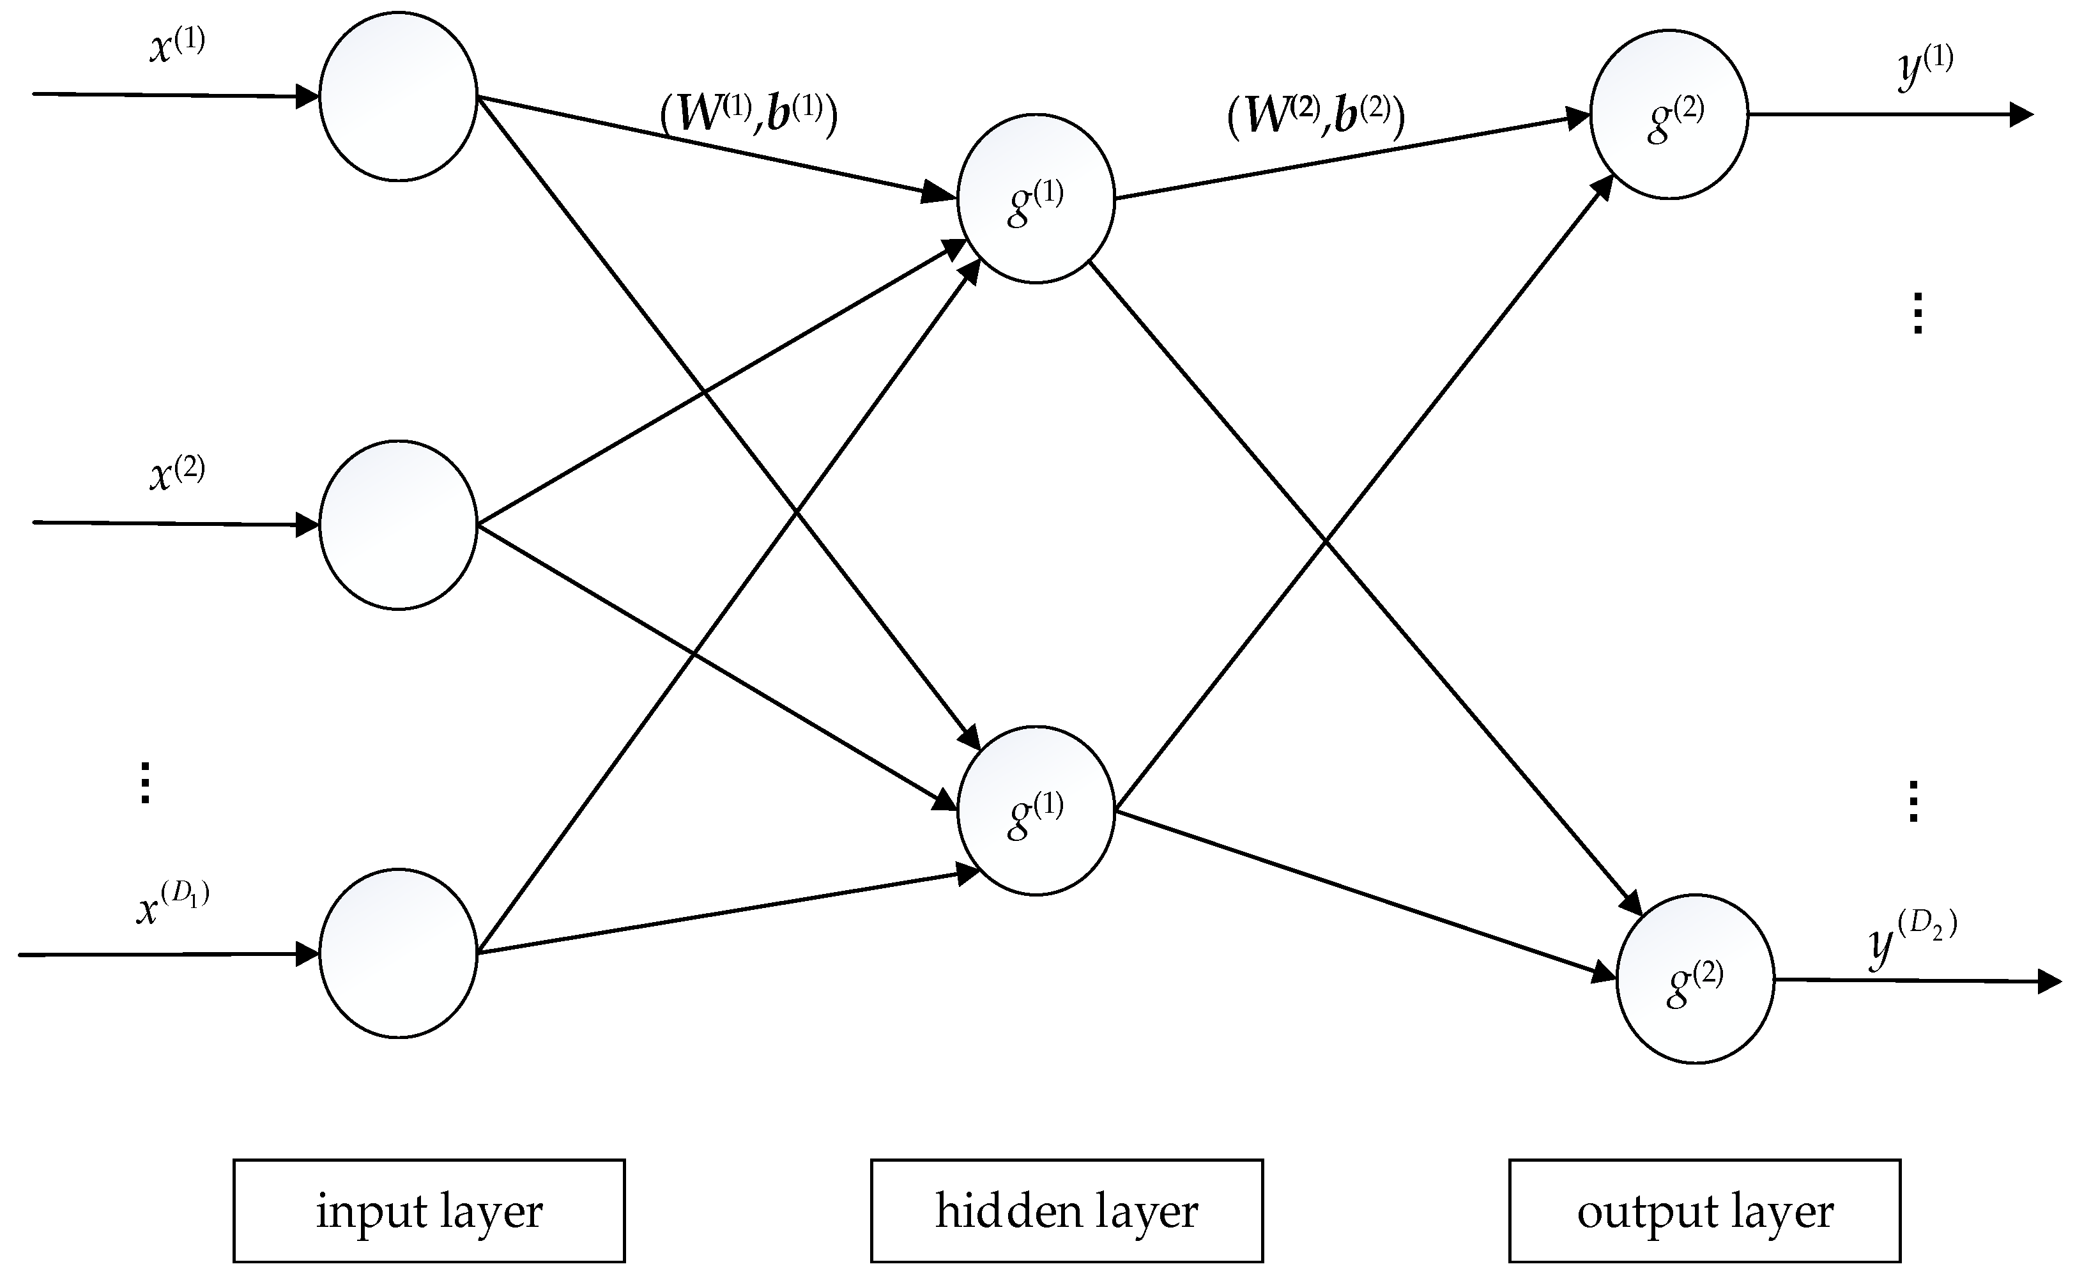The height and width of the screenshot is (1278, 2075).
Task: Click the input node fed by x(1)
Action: click(398, 96)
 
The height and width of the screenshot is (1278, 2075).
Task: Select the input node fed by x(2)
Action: click(398, 525)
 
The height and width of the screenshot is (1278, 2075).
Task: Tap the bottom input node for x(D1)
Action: click(398, 953)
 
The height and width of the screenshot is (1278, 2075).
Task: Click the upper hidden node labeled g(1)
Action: click(1036, 199)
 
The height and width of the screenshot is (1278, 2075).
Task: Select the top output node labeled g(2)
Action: click(1669, 114)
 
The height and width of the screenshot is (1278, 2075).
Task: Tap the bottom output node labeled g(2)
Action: click(1694, 979)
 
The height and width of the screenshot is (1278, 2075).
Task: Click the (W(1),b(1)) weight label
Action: click(749, 114)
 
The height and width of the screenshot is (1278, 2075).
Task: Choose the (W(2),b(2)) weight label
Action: click(1315, 116)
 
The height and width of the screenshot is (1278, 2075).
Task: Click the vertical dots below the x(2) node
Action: click(144, 783)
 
